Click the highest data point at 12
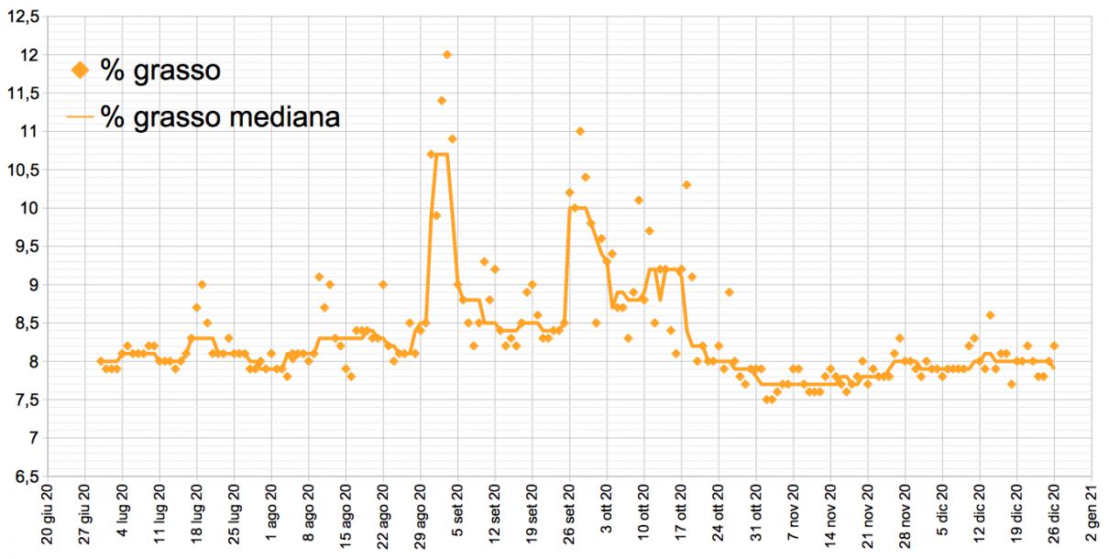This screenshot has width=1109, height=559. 446,55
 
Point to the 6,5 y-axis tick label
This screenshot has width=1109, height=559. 24,477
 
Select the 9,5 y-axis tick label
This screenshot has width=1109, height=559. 24,247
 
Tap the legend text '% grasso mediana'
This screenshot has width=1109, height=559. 220,116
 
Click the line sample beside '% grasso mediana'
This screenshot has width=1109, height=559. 80,117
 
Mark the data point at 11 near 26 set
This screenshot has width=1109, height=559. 580,132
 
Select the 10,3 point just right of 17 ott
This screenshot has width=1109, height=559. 686,185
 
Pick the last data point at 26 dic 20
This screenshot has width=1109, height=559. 1054,346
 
